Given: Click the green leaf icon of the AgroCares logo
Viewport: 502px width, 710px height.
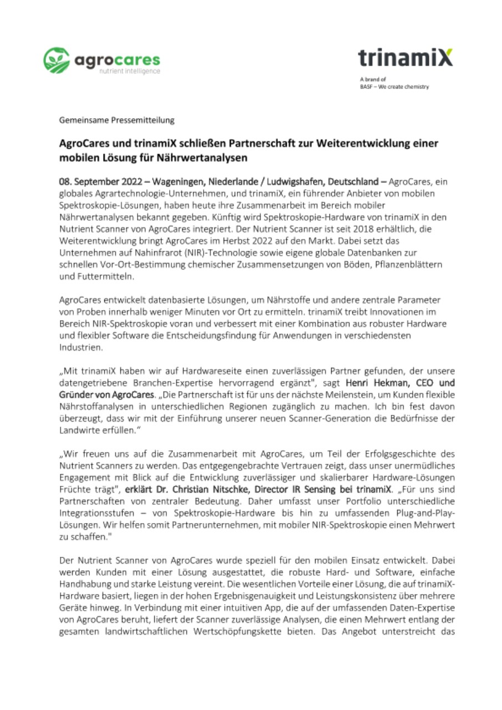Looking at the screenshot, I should [x=55, y=60].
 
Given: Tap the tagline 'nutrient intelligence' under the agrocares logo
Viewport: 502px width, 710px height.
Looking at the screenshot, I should [x=129, y=71].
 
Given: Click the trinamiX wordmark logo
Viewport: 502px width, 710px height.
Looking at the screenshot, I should [x=405, y=57].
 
